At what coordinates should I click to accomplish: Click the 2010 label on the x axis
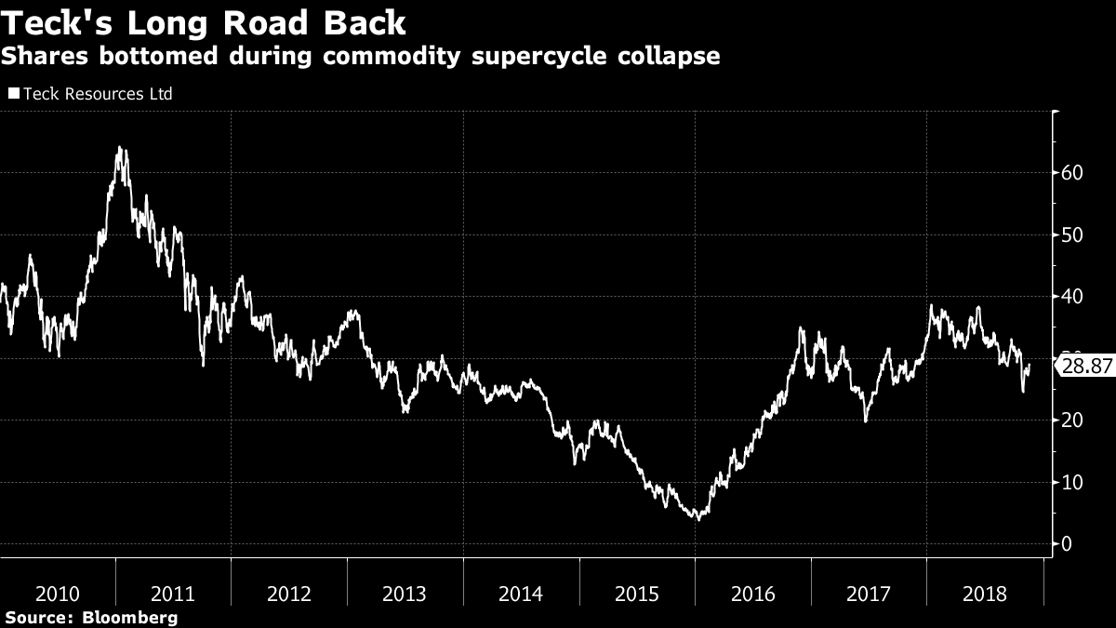click(58, 594)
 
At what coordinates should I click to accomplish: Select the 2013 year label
click(405, 594)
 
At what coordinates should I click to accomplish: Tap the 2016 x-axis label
click(752, 594)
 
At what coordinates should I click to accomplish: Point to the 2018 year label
click(984, 594)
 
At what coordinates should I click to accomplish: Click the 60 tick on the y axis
click(1073, 173)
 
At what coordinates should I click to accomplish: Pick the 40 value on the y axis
click(1073, 297)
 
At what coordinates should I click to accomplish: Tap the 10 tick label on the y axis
click(1073, 482)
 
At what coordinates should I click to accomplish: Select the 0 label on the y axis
click(1069, 544)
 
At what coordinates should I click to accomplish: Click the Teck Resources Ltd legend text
click(98, 94)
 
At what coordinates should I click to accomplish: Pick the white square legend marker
click(13, 94)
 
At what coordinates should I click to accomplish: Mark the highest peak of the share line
click(119, 147)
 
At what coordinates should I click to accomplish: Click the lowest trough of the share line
click(697, 519)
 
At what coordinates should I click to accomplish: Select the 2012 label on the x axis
click(289, 594)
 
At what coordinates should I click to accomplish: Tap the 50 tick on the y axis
click(1073, 234)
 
